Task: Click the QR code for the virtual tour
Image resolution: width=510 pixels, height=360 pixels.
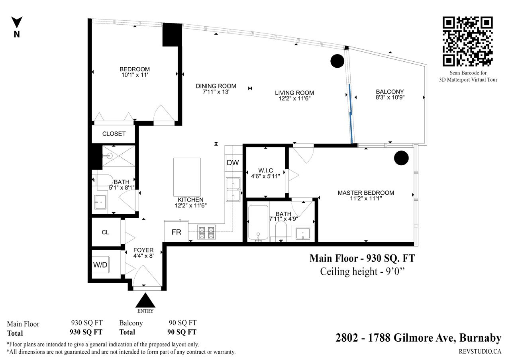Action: click(468, 41)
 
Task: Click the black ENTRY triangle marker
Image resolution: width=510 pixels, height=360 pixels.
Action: click(145, 300)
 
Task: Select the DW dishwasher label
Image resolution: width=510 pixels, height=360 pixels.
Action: click(233, 163)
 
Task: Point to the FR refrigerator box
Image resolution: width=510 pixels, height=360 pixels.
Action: click(176, 231)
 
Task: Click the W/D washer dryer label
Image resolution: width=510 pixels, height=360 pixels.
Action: click(100, 265)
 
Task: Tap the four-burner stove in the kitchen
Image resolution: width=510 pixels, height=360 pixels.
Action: click(206, 232)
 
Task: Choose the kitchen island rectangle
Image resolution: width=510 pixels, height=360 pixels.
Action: click(187, 177)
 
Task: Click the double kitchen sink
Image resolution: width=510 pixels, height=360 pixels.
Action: click(233, 189)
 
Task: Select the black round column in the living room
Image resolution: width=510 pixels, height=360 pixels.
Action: click(337, 61)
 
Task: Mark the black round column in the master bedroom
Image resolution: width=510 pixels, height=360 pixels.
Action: click(401, 158)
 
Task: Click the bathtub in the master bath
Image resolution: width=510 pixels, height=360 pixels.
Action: click(258, 223)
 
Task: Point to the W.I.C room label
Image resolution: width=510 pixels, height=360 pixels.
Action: click(265, 170)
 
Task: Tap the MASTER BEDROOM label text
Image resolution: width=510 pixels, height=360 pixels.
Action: click(366, 193)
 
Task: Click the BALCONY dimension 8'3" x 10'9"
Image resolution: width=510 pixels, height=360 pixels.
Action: click(390, 98)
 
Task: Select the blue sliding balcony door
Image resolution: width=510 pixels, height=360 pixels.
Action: click(351, 114)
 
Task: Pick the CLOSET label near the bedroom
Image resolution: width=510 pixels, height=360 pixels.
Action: click(114, 134)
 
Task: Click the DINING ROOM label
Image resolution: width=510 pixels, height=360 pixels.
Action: click(216, 86)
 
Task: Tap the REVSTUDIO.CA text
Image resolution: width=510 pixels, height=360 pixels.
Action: click(480, 351)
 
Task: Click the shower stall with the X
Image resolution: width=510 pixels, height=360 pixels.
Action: click(119, 156)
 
